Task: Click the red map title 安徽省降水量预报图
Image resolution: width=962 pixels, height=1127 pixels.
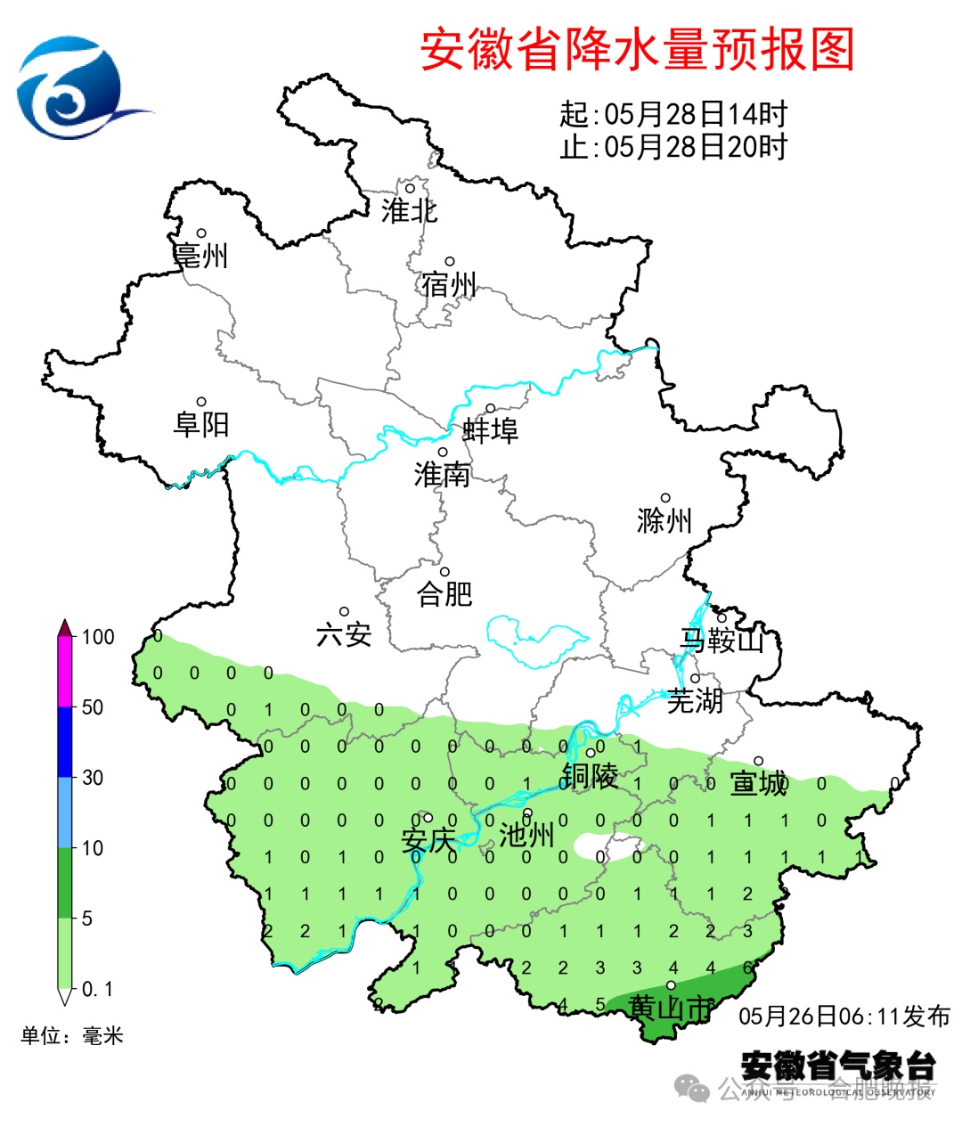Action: pos(637,49)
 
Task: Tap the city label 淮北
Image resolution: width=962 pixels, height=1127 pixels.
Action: pos(409,211)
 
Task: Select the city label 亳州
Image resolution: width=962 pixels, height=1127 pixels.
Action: pos(201,256)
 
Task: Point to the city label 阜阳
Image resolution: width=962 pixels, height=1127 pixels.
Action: pos(201,424)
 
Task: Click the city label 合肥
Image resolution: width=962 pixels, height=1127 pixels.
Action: pos(444,593)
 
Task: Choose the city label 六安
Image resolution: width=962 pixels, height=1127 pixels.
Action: pos(344,634)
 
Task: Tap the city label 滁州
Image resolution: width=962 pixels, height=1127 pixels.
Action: pos(664,520)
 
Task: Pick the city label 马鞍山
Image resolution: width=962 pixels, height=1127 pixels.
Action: pos(722,640)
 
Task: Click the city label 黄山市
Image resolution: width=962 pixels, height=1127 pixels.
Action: pos(671,1008)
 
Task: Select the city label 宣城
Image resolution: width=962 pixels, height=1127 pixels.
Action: pos(759,783)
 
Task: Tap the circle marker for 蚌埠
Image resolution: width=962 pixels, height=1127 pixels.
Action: pos(490,409)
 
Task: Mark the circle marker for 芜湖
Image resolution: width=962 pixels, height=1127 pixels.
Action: pos(695,678)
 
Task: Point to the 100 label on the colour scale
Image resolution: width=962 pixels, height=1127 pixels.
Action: pos(98,637)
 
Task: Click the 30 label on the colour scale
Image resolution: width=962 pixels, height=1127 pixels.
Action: pos(93,778)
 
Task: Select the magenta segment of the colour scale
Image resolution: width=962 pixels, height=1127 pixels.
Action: pos(65,673)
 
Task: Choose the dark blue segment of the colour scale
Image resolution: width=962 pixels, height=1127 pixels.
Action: pos(65,742)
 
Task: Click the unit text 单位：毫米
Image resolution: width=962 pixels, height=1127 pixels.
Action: pos(72,1036)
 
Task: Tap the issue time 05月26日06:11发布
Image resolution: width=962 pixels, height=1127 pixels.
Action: pos(844,1017)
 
